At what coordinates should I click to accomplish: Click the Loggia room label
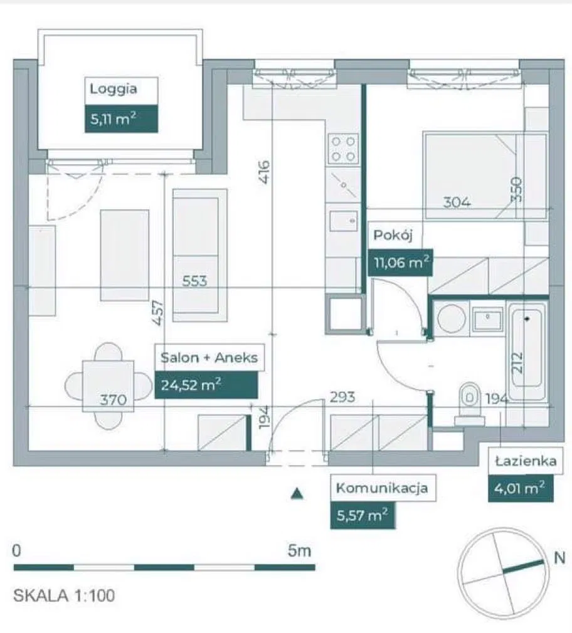(x=114, y=89)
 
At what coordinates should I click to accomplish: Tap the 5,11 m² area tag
(x=121, y=118)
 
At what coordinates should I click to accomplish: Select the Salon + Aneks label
(x=209, y=358)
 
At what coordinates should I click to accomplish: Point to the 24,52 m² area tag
(x=206, y=385)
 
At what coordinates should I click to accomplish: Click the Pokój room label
(x=393, y=235)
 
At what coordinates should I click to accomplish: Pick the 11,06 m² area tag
(x=400, y=263)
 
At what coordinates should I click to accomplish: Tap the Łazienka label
(x=526, y=461)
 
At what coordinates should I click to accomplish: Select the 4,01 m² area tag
(x=521, y=488)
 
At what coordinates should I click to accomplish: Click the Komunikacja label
(x=382, y=488)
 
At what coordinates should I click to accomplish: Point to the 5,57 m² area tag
(x=363, y=515)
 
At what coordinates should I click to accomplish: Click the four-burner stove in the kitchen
(x=343, y=149)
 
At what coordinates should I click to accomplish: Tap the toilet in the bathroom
(x=469, y=404)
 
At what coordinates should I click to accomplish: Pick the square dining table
(x=109, y=386)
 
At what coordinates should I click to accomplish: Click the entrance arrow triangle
(x=297, y=493)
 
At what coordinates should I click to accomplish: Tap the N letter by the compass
(x=559, y=558)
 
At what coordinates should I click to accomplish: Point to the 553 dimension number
(x=194, y=281)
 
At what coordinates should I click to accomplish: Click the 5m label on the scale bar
(x=299, y=551)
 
